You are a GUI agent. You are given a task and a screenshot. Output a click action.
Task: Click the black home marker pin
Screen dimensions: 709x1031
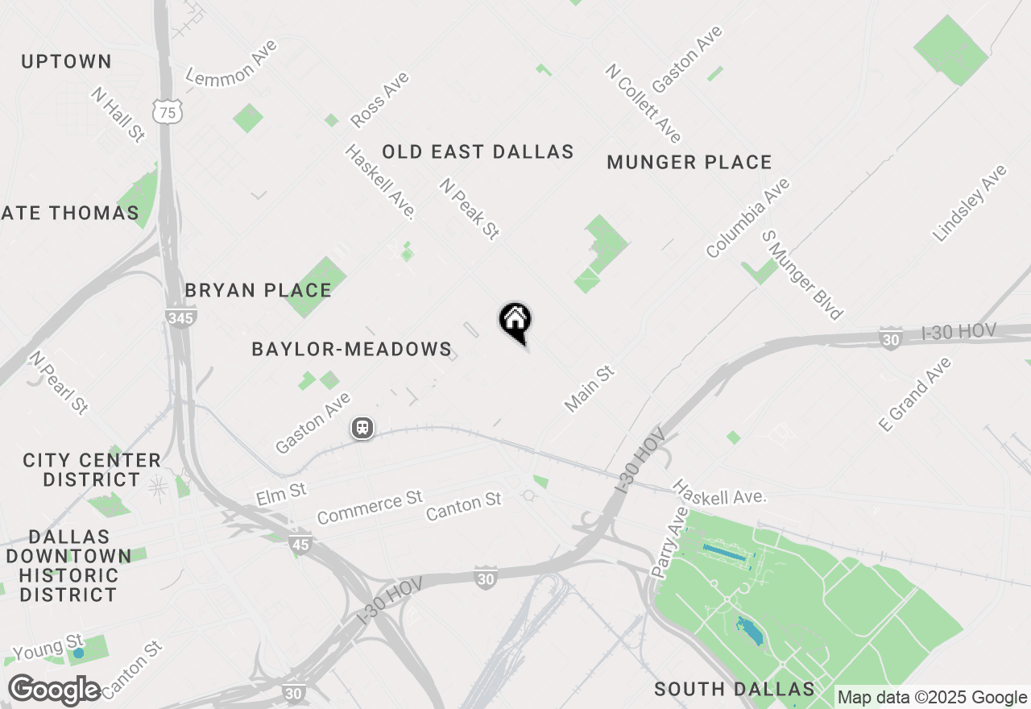[x=515, y=322]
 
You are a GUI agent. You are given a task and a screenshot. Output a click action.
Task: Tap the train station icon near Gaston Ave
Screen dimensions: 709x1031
[x=362, y=427]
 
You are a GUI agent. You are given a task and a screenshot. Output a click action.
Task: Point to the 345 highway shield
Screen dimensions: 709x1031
[x=180, y=317]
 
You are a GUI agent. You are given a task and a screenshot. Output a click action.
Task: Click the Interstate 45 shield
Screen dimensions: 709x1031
[x=300, y=545]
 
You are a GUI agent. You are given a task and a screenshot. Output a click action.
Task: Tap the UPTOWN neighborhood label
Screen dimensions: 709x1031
[x=66, y=61]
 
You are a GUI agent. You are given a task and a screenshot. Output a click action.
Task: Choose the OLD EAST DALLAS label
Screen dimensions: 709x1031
[x=478, y=151]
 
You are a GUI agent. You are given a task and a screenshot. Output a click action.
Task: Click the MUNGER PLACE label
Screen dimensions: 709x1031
[x=689, y=162]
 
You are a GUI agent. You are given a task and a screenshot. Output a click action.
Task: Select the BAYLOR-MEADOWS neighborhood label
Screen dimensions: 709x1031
[x=351, y=349]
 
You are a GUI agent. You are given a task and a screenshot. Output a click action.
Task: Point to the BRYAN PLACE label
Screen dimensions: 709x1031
[x=258, y=290]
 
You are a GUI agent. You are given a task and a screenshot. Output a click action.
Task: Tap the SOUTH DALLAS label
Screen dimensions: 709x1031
[x=735, y=689]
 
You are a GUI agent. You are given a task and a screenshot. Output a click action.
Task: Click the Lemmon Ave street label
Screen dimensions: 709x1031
[x=232, y=62]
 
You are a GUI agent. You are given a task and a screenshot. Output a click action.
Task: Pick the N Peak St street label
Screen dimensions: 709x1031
[x=470, y=209]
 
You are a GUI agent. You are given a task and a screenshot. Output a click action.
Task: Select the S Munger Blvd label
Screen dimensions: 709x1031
[x=802, y=275]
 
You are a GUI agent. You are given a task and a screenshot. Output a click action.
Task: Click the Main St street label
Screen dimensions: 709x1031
[x=590, y=388]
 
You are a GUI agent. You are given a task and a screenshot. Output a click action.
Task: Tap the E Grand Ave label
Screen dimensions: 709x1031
[x=915, y=394]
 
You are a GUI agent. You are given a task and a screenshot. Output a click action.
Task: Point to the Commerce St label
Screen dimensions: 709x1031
[x=370, y=508]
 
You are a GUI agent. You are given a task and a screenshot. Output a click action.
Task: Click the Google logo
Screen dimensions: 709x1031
[x=55, y=690]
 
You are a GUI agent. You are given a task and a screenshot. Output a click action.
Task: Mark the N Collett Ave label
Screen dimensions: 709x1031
[x=644, y=103]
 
